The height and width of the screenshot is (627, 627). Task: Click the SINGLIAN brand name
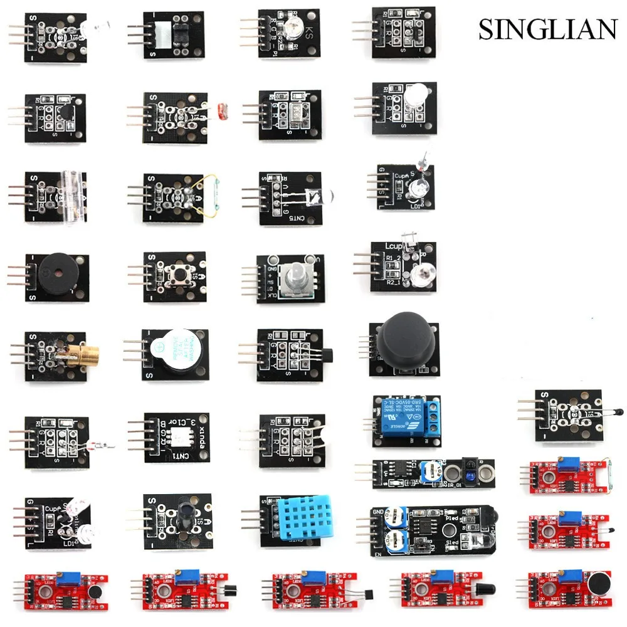(x=548, y=29)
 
